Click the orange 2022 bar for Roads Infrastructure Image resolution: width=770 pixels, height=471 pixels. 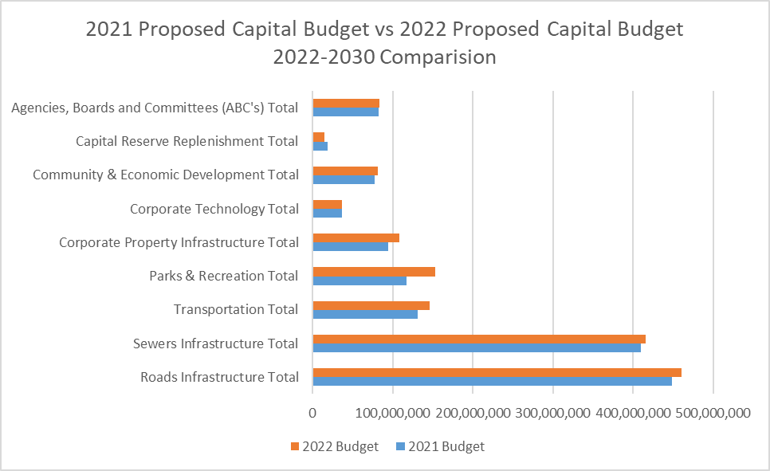[x=497, y=372]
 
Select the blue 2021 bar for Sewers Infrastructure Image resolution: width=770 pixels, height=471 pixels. [x=477, y=347]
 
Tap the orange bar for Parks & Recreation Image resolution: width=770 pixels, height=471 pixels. [x=374, y=271]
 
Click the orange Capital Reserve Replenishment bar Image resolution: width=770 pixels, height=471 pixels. [x=319, y=136]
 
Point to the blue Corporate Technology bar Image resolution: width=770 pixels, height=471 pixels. [x=328, y=213]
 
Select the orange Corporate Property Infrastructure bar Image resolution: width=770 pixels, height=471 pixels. [x=356, y=237]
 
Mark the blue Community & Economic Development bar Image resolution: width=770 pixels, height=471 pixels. [x=344, y=179]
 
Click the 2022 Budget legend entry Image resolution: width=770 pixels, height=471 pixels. [x=335, y=447]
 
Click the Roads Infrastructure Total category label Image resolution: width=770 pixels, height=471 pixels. [x=219, y=377]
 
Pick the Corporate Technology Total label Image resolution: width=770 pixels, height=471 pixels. [x=214, y=209]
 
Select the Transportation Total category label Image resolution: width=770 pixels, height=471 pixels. [x=236, y=309]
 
